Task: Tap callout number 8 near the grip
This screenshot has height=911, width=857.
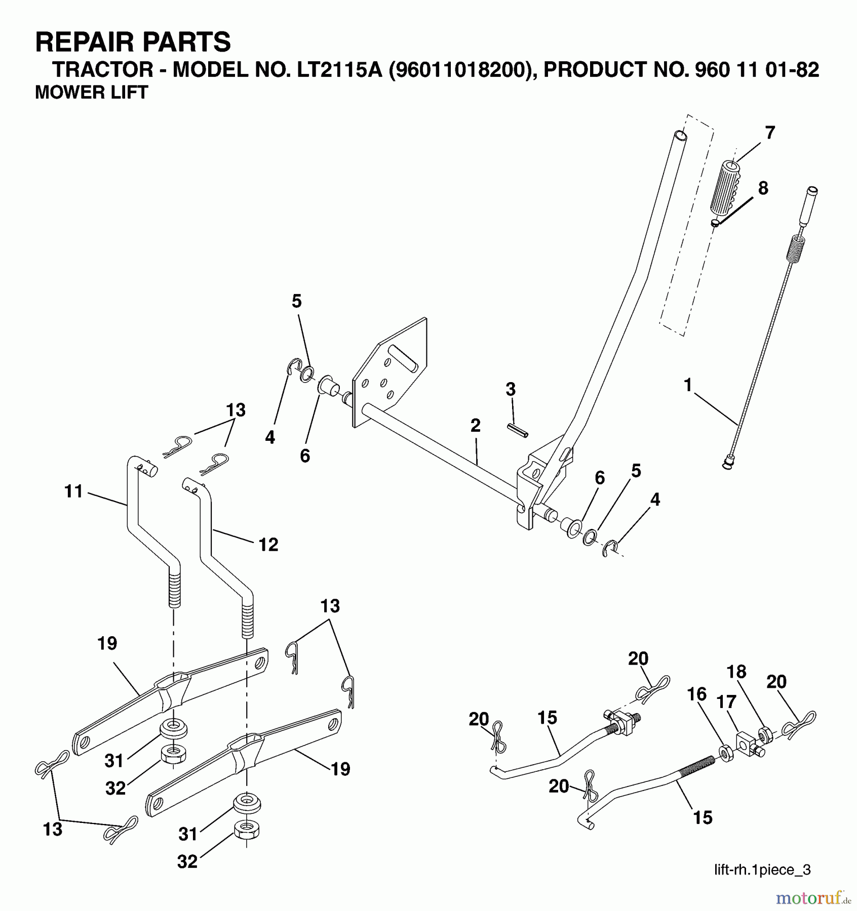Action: [763, 188]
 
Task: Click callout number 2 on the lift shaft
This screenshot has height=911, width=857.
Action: [475, 426]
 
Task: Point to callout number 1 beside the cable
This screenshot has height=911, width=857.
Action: [687, 386]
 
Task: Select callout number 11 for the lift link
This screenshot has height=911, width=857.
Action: [73, 491]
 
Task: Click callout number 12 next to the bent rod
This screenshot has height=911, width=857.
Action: [268, 545]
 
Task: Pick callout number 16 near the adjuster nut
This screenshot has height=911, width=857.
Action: [696, 694]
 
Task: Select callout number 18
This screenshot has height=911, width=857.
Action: [736, 672]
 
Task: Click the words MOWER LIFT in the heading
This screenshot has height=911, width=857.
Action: [91, 93]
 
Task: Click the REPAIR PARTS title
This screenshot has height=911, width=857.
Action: [133, 42]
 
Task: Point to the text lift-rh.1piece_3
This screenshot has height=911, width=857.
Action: [762, 869]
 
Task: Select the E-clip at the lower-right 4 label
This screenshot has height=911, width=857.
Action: [610, 548]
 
